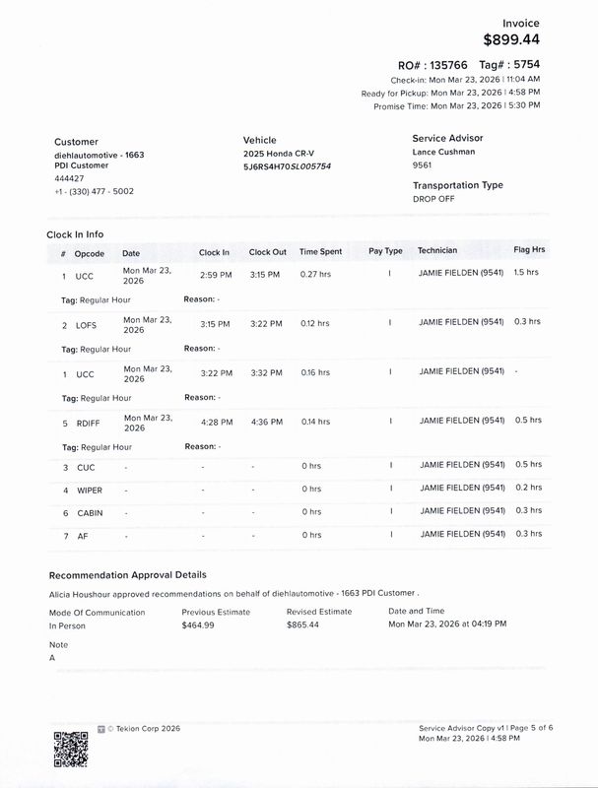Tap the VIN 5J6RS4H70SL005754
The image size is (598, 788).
(287, 166)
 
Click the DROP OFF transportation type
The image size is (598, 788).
(433, 199)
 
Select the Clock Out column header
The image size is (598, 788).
(267, 252)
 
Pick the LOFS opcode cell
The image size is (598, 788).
(86, 324)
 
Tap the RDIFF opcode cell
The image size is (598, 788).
(89, 422)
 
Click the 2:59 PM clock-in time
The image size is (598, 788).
(215, 275)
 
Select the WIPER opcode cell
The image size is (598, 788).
(90, 490)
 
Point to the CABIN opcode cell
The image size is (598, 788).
(89, 512)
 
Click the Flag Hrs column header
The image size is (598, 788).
(529, 250)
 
